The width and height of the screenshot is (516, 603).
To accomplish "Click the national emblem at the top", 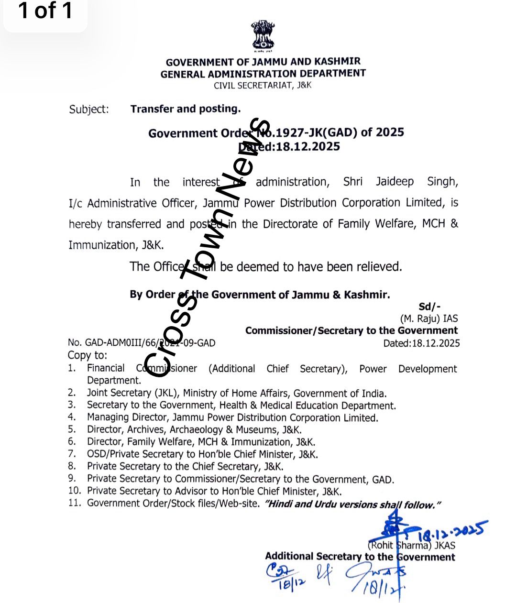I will point(263,35).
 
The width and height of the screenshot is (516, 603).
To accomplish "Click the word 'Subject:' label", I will point(89,110).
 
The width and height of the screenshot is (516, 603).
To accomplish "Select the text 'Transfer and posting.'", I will point(186,109).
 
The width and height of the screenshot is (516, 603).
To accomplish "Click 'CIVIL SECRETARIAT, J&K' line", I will point(263,86).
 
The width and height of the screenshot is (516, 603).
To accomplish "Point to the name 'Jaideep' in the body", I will point(395,182).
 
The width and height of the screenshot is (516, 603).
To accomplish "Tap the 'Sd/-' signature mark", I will point(429,307).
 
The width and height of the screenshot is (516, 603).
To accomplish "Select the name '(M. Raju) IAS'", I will point(429,319).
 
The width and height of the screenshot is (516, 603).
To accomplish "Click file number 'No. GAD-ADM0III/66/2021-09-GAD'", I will point(142,343).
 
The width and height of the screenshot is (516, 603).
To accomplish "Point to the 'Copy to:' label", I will point(88,355).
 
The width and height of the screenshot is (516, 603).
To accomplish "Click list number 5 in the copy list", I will point(72,429).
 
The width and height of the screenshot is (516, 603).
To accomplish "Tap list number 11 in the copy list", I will point(74,503).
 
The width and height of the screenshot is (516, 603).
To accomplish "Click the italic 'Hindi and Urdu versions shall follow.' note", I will point(352,504).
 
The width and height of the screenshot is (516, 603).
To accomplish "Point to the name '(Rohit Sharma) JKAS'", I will point(411,545).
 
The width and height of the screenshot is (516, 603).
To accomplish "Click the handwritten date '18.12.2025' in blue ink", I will point(452,530).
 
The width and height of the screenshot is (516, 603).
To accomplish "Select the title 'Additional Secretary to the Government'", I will point(360,557).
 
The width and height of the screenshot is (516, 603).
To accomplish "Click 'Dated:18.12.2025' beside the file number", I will point(421,343).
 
